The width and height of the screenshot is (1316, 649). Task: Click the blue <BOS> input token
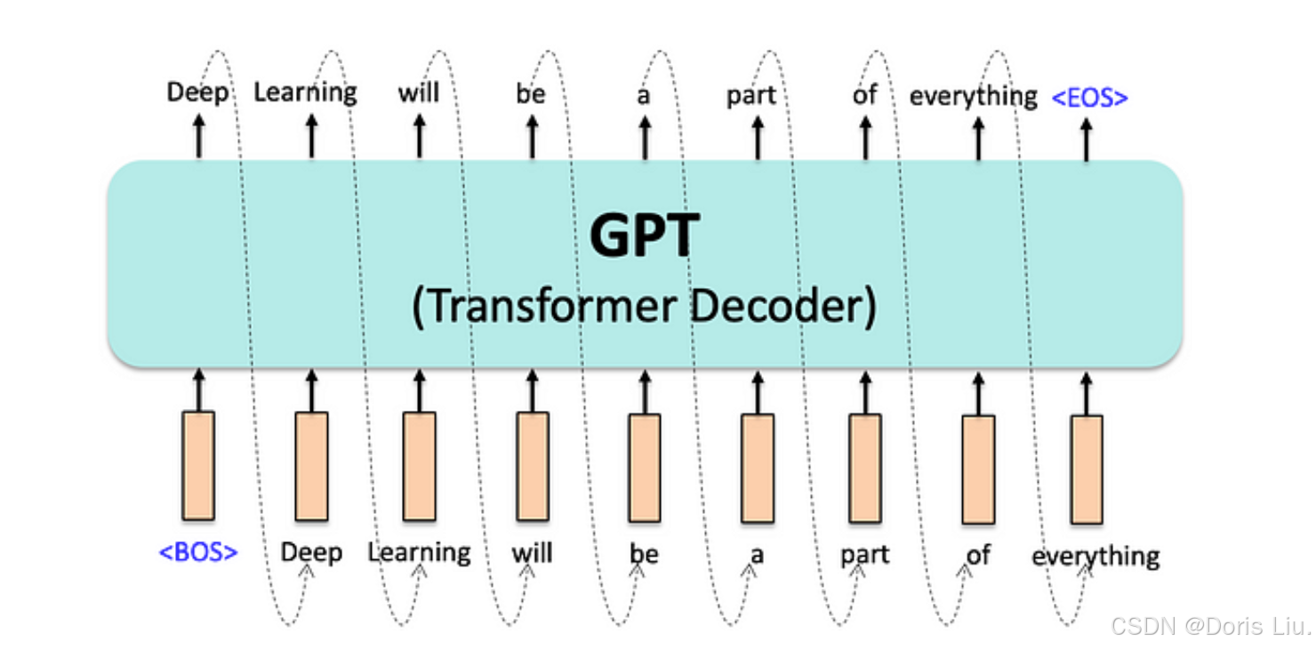click(198, 552)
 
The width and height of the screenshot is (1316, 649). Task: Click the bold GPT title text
click(645, 236)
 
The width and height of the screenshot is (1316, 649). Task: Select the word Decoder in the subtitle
click(783, 307)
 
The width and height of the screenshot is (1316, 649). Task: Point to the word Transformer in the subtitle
click(546, 307)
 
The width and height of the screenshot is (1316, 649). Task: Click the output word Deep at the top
click(197, 92)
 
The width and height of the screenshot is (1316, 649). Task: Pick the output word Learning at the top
click(305, 92)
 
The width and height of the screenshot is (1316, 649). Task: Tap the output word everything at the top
click(973, 96)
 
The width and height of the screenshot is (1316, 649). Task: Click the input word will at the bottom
click(532, 553)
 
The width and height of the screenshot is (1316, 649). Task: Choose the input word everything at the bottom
click(1095, 557)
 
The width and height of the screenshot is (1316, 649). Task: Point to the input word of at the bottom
click(978, 555)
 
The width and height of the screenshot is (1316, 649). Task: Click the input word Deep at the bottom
click(311, 553)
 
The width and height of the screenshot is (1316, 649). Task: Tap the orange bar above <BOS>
click(198, 465)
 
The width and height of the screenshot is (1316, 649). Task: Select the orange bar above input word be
click(645, 468)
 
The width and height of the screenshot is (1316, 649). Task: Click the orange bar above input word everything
click(1086, 469)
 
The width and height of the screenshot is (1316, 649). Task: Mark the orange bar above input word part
click(865, 468)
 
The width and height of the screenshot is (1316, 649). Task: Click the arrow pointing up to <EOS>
click(1086, 138)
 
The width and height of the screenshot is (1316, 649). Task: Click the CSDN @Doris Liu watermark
click(1210, 626)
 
